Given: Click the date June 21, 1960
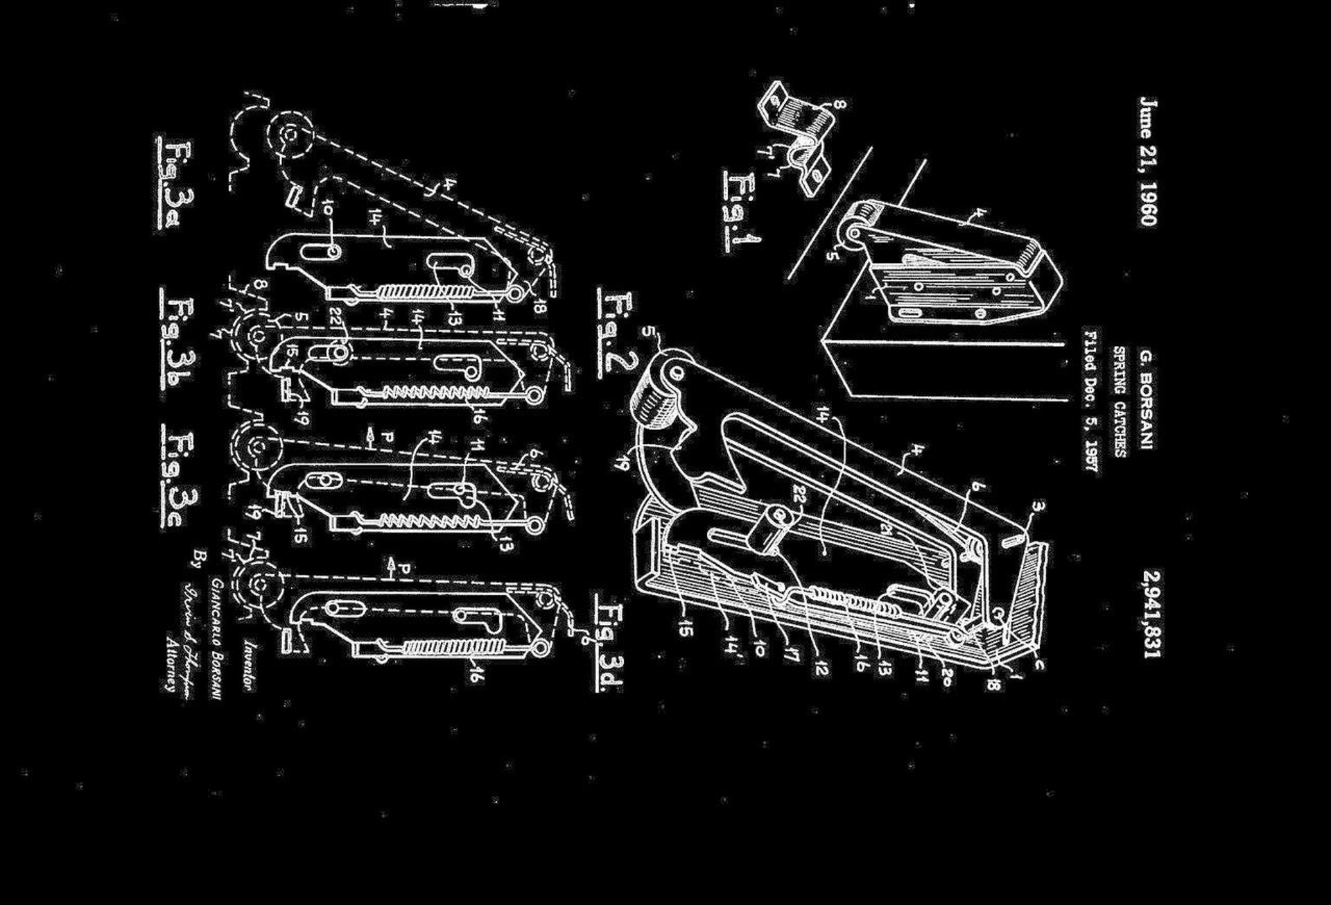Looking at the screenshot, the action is tap(1147, 162).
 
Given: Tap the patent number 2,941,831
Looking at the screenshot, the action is tap(1151, 614).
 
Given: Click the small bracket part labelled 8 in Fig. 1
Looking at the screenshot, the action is tap(797, 125).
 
